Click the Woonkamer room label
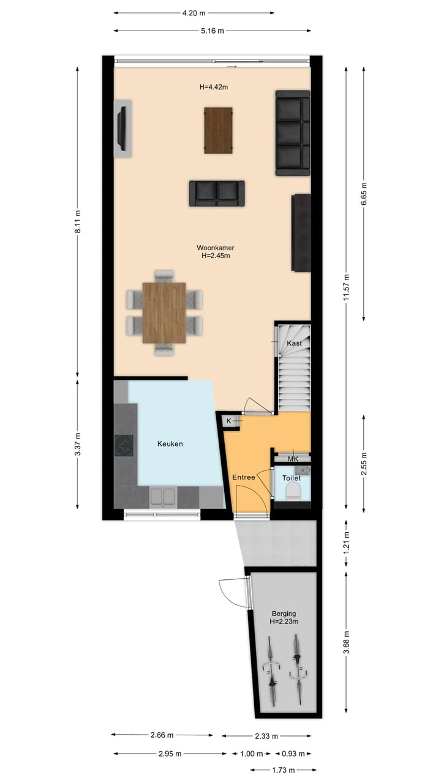216,248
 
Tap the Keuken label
170,444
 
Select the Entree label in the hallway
243,477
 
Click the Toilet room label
292,478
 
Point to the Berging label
284,614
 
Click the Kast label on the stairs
295,343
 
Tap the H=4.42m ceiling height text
214,87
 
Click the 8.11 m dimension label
78,221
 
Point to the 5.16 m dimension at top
213,30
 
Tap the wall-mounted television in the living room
123,129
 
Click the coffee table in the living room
218,130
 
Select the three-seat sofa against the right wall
292,133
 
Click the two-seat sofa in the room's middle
216,193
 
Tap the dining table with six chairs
164,313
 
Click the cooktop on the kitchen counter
124,445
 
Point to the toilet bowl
292,491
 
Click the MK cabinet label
292,459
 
